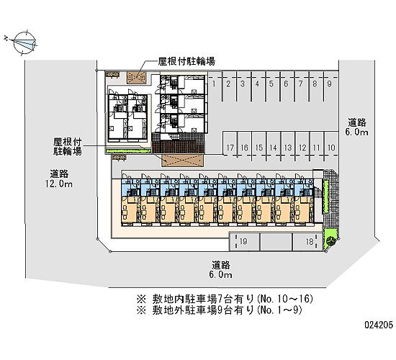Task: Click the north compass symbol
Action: pyautogui.click(x=24, y=43)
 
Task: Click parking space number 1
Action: pyautogui.click(x=215, y=86)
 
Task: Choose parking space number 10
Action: pyautogui.click(x=331, y=146)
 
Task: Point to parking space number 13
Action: pyautogui.click(x=288, y=146)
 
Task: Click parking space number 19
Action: pyautogui.click(x=244, y=242)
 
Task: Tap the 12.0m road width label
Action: pyautogui.click(x=59, y=184)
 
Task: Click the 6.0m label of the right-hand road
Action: pyautogui.click(x=356, y=132)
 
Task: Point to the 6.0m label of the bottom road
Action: pyautogui.click(x=220, y=274)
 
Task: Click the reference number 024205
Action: pyautogui.click(x=379, y=325)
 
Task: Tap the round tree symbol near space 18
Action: pyautogui.click(x=330, y=240)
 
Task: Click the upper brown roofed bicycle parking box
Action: pyautogui.click(x=136, y=77)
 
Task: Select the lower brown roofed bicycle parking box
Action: pyautogui.click(x=182, y=161)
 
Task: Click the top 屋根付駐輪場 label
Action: pyautogui.click(x=186, y=61)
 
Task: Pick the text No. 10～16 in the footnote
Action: pyautogui.click(x=285, y=299)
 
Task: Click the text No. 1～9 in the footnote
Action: pyautogui.click(x=279, y=310)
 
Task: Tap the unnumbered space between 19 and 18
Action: pyautogui.click(x=276, y=242)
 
